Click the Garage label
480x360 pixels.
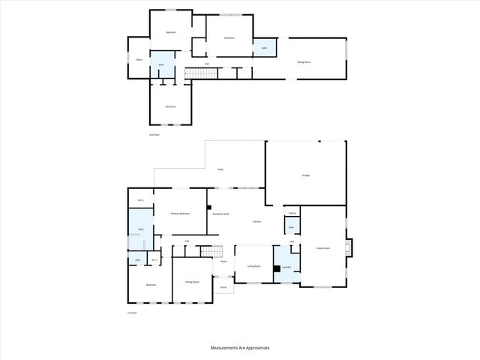306,175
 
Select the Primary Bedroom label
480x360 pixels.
180,214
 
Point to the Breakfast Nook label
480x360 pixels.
220,214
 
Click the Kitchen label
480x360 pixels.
256,221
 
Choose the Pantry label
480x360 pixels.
292,213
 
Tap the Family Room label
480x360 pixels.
322,248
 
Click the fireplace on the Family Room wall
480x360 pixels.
347,247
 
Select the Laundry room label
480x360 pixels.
286,266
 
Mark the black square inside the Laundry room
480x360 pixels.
277,268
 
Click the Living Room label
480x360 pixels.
253,266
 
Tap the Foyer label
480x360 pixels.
223,262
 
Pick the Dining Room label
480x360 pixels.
192,282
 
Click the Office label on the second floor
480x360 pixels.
139,60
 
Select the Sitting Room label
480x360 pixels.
304,62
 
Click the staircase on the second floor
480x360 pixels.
200,73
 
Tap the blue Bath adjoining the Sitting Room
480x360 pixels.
264,47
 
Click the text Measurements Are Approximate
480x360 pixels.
239,348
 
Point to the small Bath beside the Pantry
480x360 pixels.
291,227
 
